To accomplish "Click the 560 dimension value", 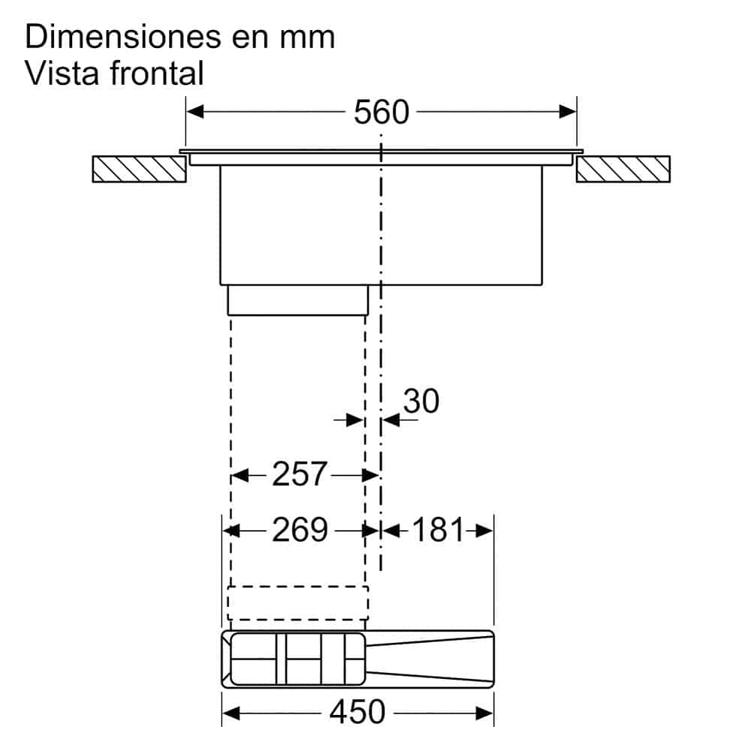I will point(382,112).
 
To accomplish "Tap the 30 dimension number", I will point(421,402).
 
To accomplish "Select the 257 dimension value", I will point(300,474).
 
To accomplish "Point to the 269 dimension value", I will point(300,530).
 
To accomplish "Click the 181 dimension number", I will point(436,530).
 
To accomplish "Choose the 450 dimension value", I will point(357,711).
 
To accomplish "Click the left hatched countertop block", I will point(139,169).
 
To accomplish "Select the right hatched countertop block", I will point(623,169).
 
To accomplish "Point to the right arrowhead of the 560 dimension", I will point(567,112).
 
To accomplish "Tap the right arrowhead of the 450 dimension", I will point(484,711).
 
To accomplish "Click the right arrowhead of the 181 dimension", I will point(484,530).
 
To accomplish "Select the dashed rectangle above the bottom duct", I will point(298,602).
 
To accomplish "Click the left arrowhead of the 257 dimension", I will point(240,475).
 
